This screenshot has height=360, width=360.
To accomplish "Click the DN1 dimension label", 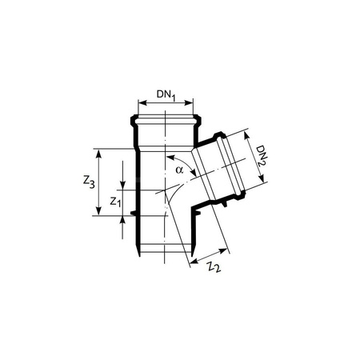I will [x=166, y=94].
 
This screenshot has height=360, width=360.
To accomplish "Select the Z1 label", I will [x=115, y=203].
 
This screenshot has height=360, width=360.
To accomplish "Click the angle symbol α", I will [x=179, y=170].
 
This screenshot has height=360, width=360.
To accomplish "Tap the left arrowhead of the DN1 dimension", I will [x=142, y=102].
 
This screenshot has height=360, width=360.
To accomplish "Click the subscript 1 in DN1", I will [x=174, y=98].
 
